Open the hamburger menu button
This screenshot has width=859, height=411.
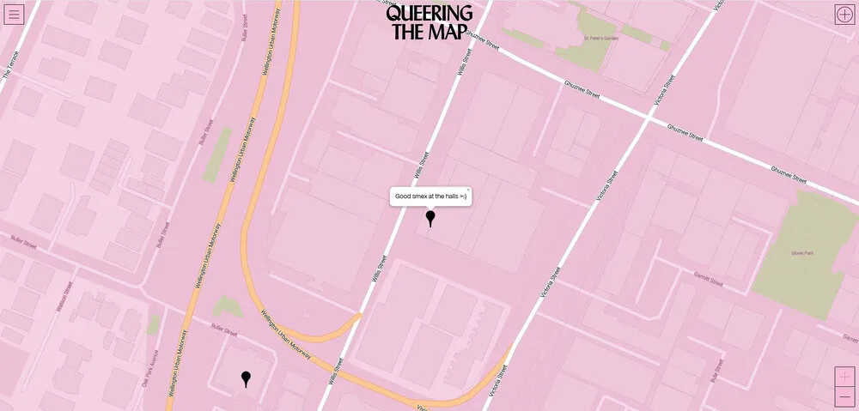(14, 14)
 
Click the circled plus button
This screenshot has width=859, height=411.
(844, 14)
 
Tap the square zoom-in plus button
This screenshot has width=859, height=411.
(844, 377)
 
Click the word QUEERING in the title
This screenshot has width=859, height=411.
(429, 14)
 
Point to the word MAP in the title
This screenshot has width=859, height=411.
(451, 33)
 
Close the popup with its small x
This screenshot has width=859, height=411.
(468, 190)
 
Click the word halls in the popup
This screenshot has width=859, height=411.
(449, 196)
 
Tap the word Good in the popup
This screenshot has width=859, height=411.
(403, 196)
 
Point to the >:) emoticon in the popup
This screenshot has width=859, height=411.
(463, 196)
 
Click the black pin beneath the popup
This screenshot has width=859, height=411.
(430, 218)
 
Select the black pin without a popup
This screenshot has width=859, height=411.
(246, 378)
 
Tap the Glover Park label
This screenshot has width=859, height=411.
(801, 253)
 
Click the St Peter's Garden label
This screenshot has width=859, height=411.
(600, 39)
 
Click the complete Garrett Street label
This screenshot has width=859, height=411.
(709, 280)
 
